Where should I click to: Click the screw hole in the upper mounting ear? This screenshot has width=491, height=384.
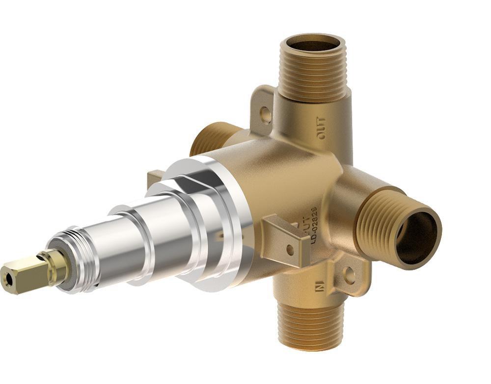coord(266,115)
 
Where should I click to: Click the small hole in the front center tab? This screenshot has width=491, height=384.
coord(290,249)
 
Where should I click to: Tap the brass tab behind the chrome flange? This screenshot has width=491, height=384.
coord(156,178)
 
